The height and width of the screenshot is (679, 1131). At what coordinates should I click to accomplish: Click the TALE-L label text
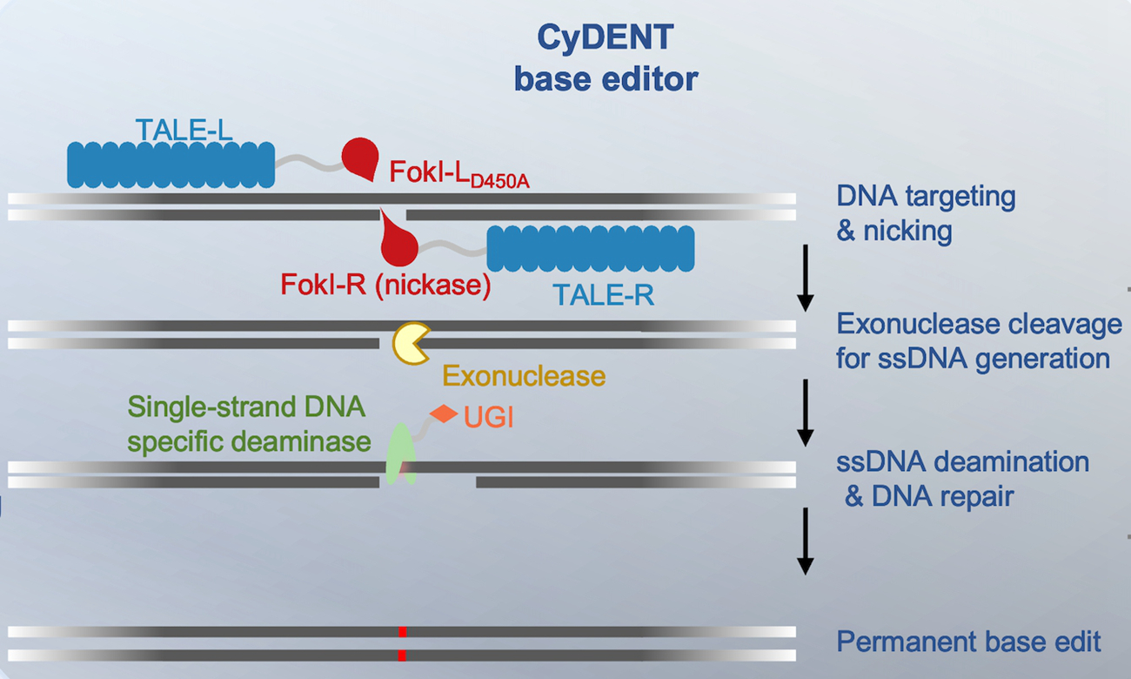[x=184, y=131]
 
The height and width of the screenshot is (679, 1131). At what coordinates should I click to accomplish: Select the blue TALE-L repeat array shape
[x=171, y=165]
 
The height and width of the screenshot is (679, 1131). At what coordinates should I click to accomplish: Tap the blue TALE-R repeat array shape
[x=590, y=248]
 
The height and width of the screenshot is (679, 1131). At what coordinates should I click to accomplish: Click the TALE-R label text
[x=603, y=296]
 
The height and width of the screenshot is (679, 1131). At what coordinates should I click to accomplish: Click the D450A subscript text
[x=500, y=182]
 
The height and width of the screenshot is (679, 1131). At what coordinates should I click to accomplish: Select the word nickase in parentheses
[x=432, y=285]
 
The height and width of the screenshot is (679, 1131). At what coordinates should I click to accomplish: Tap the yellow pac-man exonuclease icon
[x=411, y=343]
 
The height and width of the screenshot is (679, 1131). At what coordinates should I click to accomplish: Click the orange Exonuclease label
[x=523, y=376]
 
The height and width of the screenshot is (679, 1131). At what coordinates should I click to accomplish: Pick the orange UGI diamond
[x=444, y=414]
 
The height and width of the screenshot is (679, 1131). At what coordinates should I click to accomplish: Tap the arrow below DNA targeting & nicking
[x=806, y=278]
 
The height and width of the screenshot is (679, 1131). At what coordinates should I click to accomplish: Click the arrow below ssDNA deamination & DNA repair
[x=806, y=541]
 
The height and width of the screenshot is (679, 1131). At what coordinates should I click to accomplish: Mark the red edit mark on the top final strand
[x=402, y=632]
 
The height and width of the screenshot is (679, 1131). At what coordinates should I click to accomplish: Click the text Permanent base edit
[x=968, y=642]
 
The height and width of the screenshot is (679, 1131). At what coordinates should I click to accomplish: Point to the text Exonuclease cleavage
[x=979, y=325]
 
